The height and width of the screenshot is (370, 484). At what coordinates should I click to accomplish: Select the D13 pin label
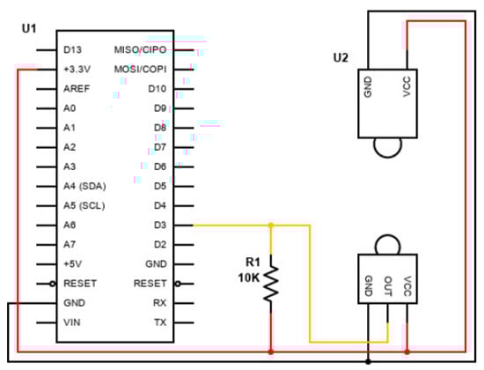(73, 49)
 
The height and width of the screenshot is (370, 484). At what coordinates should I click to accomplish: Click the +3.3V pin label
(78, 69)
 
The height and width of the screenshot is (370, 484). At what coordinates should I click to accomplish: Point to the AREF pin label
(77, 88)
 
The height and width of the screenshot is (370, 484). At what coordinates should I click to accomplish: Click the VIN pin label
(72, 322)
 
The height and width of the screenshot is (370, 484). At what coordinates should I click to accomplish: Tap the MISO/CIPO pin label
(140, 49)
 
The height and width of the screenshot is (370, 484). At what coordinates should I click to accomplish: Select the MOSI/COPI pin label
(140, 69)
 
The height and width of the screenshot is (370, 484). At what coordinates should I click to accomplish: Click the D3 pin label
(158, 225)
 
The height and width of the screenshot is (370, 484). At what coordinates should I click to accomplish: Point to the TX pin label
(159, 322)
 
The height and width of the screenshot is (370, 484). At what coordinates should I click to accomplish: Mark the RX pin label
(159, 303)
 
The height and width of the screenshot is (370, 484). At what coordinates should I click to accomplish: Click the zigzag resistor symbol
(270, 283)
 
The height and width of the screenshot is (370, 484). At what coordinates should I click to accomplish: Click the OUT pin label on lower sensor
(388, 287)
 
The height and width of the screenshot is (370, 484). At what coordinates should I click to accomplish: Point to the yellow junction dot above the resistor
(270, 226)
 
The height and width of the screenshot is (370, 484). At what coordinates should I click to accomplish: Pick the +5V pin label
(74, 264)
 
